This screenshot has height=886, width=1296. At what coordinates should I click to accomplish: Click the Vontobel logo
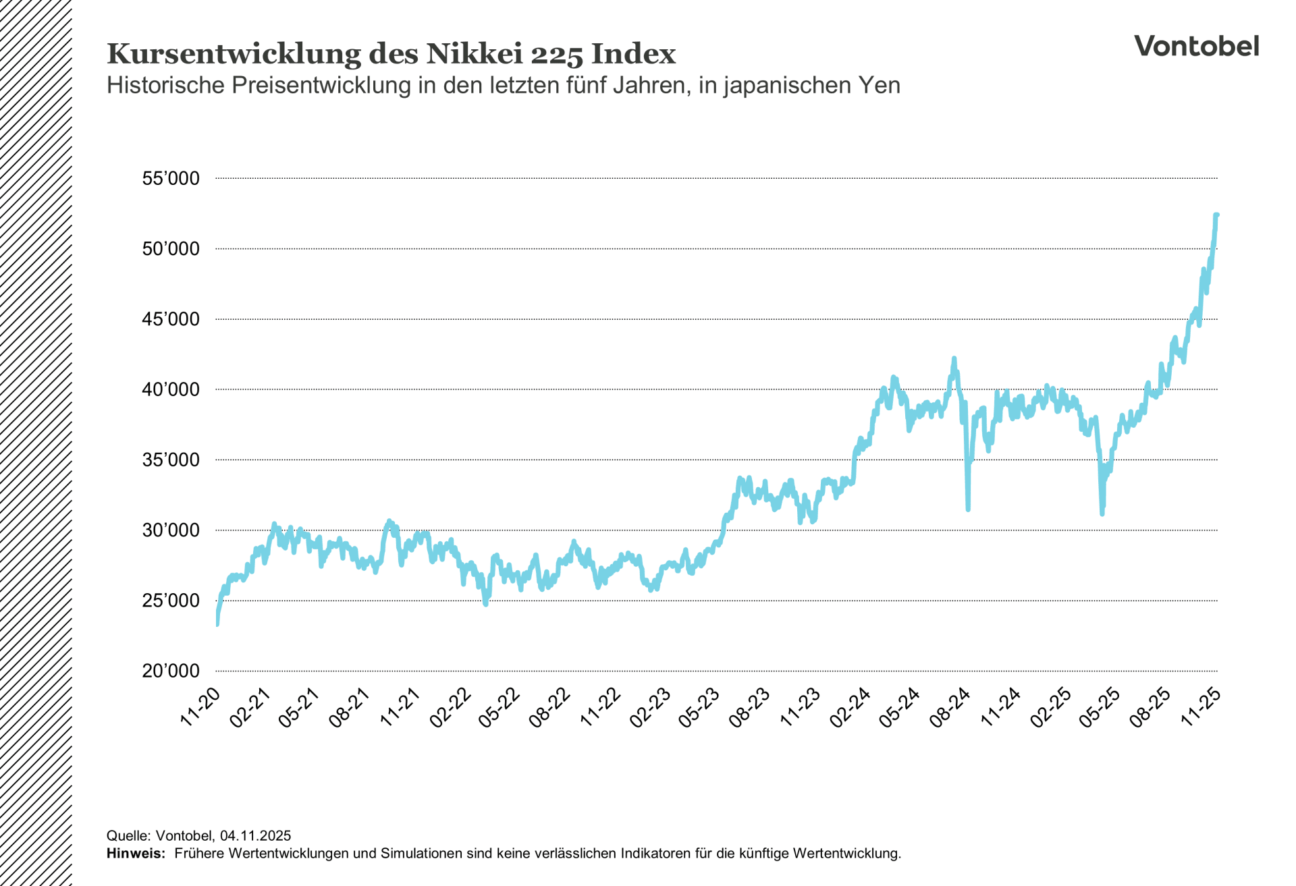(1196, 46)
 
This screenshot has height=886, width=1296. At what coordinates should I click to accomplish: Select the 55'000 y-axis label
(171, 179)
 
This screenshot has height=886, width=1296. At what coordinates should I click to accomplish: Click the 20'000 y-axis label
(171, 671)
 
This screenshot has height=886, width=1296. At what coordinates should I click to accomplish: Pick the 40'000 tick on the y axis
(171, 390)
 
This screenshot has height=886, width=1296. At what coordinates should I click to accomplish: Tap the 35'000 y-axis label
(171, 460)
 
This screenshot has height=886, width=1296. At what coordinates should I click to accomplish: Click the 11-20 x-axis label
(200, 707)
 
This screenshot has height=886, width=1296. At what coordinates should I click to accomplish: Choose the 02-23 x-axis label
(651, 707)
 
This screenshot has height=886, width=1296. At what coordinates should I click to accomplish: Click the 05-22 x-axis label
(500, 707)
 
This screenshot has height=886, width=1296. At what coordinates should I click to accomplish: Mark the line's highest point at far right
(1216, 215)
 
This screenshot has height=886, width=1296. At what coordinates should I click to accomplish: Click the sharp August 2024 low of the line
(968, 509)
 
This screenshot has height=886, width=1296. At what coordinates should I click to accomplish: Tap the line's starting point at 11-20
(217, 624)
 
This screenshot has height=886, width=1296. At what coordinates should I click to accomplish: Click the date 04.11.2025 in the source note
(255, 836)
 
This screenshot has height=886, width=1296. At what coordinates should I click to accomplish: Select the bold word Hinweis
(135, 854)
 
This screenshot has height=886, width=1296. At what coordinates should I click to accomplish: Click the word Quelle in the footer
(127, 836)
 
